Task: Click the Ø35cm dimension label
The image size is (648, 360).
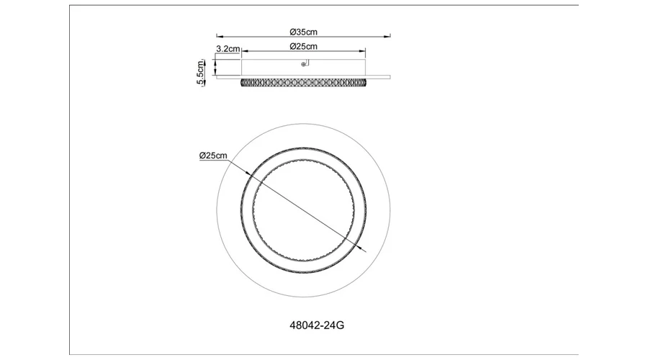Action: click(x=303, y=32)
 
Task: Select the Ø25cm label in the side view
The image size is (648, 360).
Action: click(x=303, y=46)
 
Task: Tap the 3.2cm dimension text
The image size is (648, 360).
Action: click(x=228, y=49)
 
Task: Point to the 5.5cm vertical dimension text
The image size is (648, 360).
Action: click(x=200, y=72)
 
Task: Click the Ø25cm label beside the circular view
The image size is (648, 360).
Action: click(x=213, y=156)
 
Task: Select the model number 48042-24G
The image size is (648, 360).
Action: click(x=317, y=325)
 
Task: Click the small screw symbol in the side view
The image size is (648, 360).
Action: click(x=303, y=64)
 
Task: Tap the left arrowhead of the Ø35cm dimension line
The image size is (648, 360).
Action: click(x=220, y=37)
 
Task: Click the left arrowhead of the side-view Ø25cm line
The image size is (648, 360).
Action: click(x=244, y=51)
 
